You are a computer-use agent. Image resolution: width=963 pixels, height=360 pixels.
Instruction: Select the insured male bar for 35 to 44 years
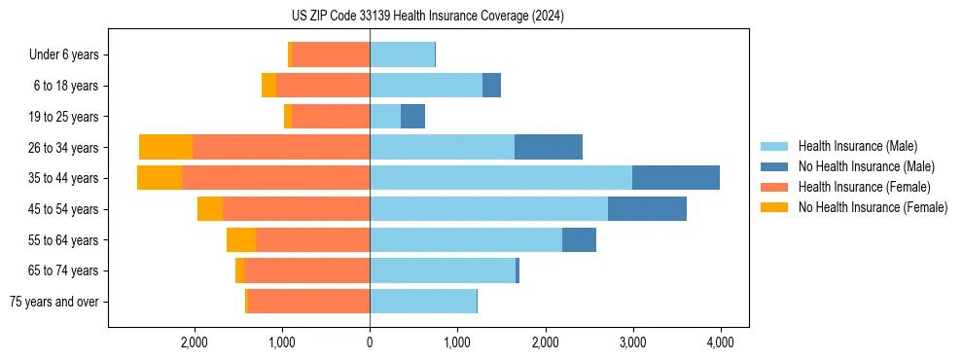501,178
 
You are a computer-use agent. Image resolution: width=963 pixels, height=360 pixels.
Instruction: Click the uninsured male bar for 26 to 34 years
549,147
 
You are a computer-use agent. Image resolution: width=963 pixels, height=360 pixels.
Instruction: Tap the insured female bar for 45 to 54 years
296,208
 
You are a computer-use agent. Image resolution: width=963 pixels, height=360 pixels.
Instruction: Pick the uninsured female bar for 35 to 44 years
160,178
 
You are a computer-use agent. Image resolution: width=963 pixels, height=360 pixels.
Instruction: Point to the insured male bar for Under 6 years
402,54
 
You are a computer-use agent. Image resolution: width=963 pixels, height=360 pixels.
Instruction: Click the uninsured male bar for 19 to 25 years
412,117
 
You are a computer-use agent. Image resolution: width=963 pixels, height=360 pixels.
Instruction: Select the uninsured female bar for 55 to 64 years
241,239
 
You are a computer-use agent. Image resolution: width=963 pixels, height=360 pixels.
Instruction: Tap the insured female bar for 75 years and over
308,302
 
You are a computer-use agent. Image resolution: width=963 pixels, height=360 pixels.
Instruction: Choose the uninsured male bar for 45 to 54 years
647,208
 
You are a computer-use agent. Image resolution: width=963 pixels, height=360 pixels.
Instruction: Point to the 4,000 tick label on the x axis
720,342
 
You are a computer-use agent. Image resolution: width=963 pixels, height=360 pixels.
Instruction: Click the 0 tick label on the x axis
370,342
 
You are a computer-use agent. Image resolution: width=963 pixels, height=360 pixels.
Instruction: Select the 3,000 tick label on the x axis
632,342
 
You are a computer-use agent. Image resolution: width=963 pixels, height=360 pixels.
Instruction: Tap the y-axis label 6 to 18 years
66,86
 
